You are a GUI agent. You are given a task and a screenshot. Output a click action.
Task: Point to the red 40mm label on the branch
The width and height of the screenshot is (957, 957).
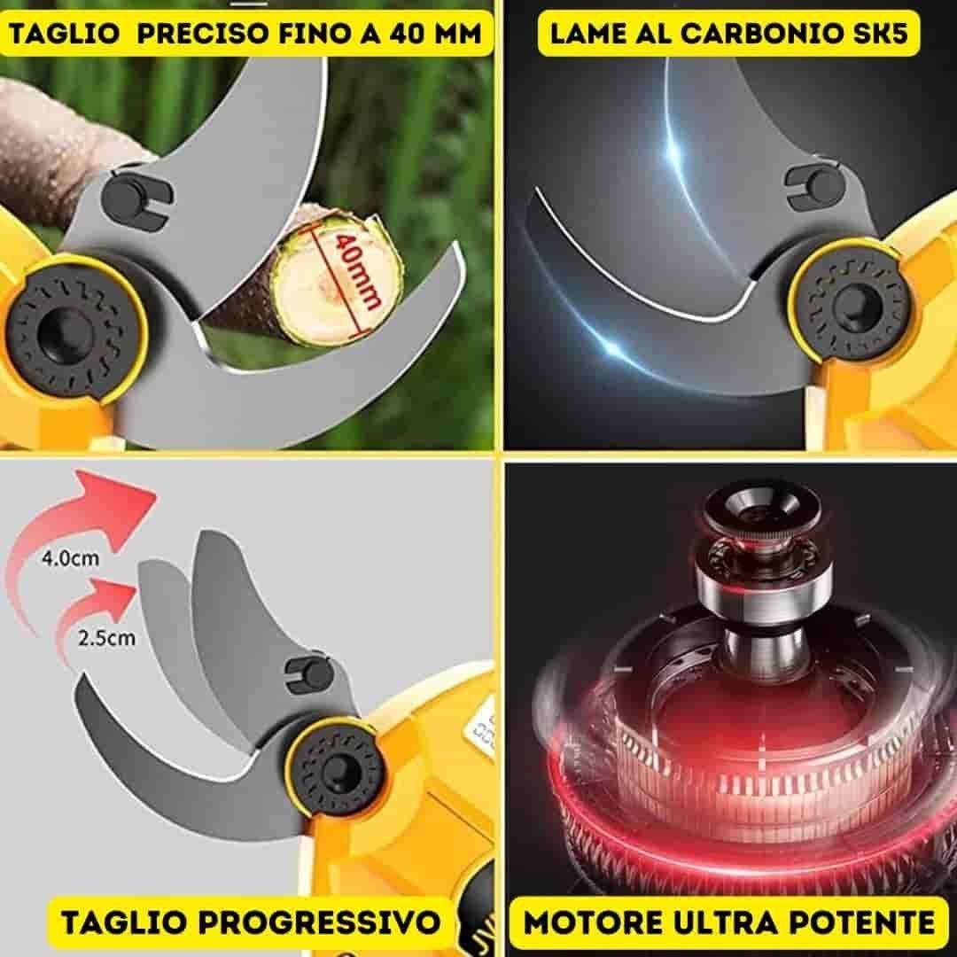[354, 269]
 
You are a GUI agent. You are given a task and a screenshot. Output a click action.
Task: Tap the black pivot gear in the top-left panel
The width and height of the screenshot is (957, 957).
[72, 331]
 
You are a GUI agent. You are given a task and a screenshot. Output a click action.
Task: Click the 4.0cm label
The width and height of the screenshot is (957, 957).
[70, 557]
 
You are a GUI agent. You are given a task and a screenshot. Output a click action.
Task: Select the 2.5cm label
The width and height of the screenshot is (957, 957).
[107, 638]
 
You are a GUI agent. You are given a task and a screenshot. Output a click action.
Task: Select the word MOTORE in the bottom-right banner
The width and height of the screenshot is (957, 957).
[587, 922]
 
